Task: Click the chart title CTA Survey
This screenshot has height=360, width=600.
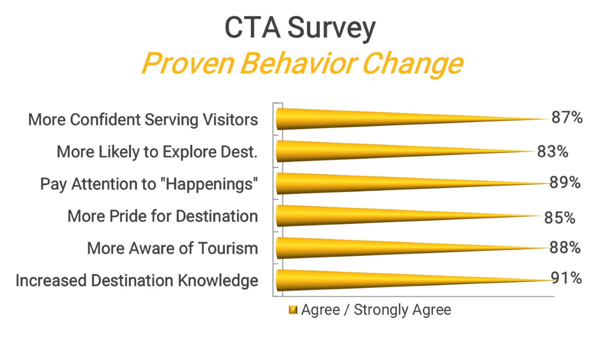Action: [300, 28]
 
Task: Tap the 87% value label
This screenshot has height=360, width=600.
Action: [567, 117]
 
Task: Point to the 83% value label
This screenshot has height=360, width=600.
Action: [553, 152]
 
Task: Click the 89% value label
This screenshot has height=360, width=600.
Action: [565, 182]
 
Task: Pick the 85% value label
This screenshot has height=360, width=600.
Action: [559, 218]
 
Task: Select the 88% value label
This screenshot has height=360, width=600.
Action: [565, 248]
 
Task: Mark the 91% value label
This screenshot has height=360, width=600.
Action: [566, 278]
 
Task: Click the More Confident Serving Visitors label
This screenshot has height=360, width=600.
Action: [143, 120]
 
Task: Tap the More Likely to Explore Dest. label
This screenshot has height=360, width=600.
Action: [157, 152]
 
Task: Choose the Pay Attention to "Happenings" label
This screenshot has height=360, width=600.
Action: [149, 184]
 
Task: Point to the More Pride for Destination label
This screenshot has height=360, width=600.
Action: [162, 216]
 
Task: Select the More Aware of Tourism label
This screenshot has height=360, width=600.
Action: [172, 248]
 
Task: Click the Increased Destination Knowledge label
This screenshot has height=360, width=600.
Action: [137, 281]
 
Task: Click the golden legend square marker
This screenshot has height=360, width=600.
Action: [293, 310]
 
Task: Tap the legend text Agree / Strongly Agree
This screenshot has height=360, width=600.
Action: [376, 310]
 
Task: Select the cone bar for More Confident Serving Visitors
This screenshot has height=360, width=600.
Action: [361, 119]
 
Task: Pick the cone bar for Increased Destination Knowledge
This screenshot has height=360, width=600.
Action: [361, 280]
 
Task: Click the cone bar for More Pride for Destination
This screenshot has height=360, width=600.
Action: [361, 216]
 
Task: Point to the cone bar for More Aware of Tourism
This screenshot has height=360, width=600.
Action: [361, 248]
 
